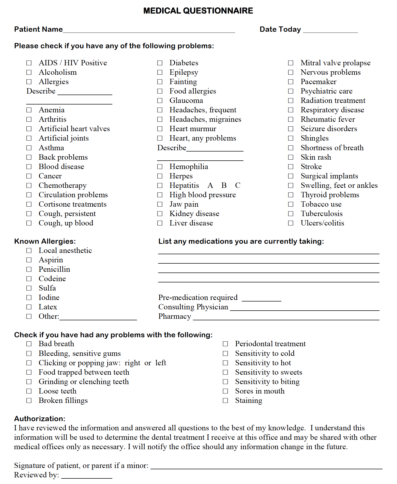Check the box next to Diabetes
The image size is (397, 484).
[x=160, y=63]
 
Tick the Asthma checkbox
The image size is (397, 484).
[x=29, y=148]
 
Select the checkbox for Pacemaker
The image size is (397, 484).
[x=291, y=82]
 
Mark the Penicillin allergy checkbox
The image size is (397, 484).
[x=29, y=269]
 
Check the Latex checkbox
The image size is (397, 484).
[x=29, y=307]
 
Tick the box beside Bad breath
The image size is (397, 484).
[x=29, y=344]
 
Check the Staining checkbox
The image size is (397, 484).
[x=225, y=400]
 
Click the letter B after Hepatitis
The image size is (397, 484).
[x=224, y=185]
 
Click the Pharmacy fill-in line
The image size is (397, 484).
[x=286, y=318]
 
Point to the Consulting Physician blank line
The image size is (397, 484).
[x=304, y=308]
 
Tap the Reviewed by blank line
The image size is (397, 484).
[x=87, y=476]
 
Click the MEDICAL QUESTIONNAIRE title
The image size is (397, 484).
[x=198, y=11]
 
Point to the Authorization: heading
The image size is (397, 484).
[x=40, y=419]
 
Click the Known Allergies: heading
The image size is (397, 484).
[x=45, y=241]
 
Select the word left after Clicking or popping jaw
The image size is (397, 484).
[x=161, y=363]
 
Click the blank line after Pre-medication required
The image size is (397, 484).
[x=261, y=299]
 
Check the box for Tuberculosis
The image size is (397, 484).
[x=291, y=214]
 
